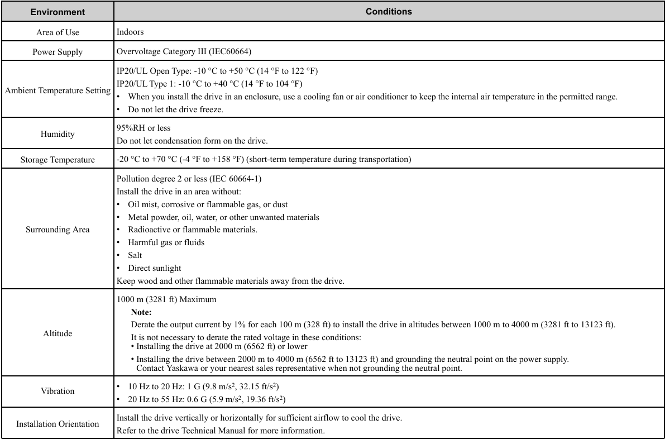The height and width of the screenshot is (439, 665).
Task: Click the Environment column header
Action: pyautogui.click(x=58, y=12)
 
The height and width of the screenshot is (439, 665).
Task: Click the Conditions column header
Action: pyautogui.click(x=389, y=12)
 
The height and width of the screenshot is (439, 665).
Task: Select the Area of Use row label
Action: pyautogui.click(x=58, y=32)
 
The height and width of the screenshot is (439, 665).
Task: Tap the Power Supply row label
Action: pyautogui.click(x=58, y=52)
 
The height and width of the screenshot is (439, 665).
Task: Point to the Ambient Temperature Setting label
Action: pyautogui.click(x=58, y=90)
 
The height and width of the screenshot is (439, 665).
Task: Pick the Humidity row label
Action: pyautogui.click(x=58, y=134)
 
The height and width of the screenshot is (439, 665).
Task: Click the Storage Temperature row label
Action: pyautogui.click(x=58, y=160)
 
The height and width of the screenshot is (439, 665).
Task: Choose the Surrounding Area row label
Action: pyautogui.click(x=58, y=230)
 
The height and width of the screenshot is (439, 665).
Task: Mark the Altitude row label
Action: pyautogui.click(x=58, y=333)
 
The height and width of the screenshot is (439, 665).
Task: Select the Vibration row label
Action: pyautogui.click(x=58, y=391)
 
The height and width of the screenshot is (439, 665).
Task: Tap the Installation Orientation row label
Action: pyautogui.click(x=58, y=424)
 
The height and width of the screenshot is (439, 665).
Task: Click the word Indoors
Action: pyautogui.click(x=130, y=32)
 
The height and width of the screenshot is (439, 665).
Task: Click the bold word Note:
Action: pyautogui.click(x=141, y=312)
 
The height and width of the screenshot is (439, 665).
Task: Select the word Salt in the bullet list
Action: pyautogui.click(x=135, y=255)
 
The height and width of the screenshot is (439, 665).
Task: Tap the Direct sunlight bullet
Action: pyautogui.click(x=154, y=268)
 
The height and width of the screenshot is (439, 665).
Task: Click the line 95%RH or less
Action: pyautogui.click(x=143, y=128)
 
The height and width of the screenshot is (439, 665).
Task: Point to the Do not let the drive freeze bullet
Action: pyautogui.click(x=175, y=109)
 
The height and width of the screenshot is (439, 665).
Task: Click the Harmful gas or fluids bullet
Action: pyautogui.click(x=166, y=242)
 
